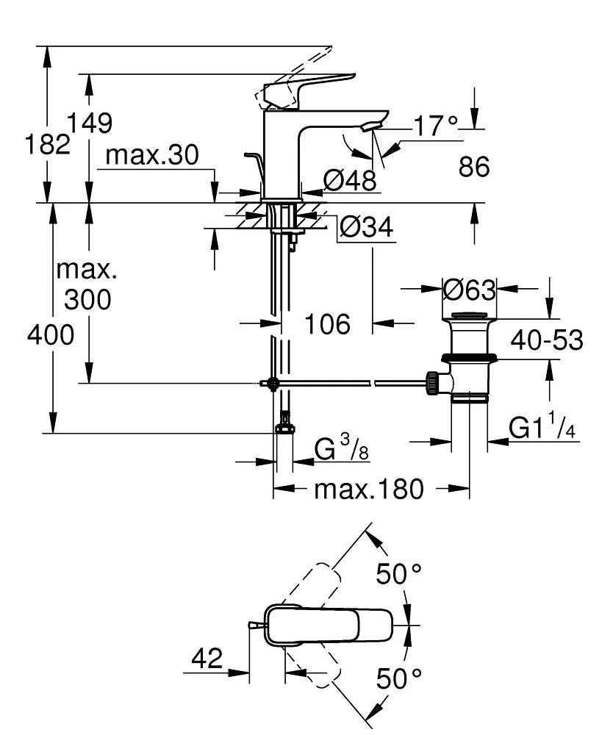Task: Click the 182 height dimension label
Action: click(x=49, y=144)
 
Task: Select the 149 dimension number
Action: click(x=90, y=123)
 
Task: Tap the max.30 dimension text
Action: click(x=152, y=155)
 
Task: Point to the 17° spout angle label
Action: click(x=434, y=126)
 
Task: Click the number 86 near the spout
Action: click(x=474, y=167)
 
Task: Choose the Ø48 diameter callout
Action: click(x=350, y=179)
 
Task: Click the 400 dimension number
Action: click(x=51, y=336)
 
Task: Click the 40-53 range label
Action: click(x=548, y=340)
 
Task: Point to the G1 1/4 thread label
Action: click(x=542, y=429)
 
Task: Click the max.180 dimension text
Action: click(x=369, y=489)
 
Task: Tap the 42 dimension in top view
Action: click(x=207, y=659)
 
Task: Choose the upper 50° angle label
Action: click(x=400, y=573)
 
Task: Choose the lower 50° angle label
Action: click(x=400, y=678)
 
